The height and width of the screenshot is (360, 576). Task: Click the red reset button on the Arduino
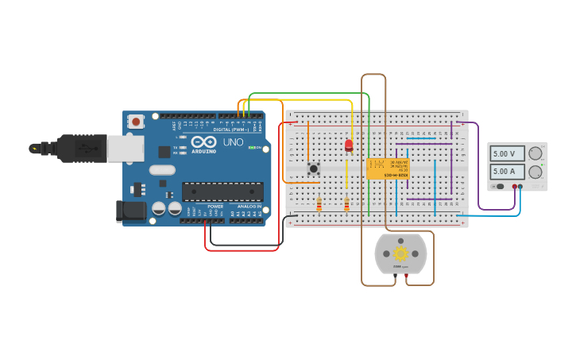click(136, 122)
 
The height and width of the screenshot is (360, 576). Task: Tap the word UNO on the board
click(233, 142)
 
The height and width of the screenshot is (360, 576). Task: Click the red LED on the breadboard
click(349, 145)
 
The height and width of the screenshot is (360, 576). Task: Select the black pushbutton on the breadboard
click(314, 168)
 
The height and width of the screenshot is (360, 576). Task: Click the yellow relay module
click(388, 168)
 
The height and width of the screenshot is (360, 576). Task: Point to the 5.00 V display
click(507, 154)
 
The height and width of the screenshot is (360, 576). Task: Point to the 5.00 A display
click(507, 171)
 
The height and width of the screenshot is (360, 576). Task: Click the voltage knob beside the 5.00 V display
click(535, 153)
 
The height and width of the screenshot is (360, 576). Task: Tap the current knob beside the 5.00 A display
click(535, 172)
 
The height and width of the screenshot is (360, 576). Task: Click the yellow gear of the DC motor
click(400, 254)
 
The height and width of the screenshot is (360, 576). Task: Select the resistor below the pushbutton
click(319, 205)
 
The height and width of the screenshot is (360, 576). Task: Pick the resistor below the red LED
click(346, 205)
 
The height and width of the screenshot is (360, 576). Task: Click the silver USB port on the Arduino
click(126, 149)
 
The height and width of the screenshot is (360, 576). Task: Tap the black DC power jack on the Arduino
click(131, 211)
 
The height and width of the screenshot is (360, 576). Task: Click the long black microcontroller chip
click(222, 192)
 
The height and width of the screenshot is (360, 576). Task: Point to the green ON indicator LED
click(252, 147)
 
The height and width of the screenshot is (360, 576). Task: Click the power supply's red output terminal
click(514, 187)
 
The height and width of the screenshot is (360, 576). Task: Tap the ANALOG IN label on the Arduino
click(247, 206)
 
